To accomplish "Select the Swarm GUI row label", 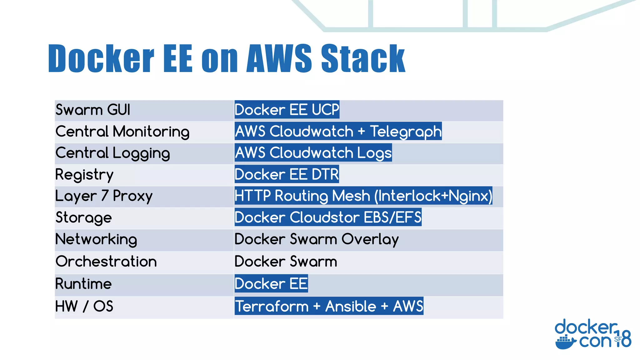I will tap(92, 110).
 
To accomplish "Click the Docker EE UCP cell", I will tap(287, 110).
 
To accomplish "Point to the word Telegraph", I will tap(406, 132).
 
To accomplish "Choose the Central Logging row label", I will tap(112, 153).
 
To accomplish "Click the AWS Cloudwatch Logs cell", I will tap(313, 153).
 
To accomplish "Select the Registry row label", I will tap(84, 175).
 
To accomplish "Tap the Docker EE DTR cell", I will tap(287, 174).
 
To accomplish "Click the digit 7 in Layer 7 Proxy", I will tap(105, 196).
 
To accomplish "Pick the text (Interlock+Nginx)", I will tap(433, 196).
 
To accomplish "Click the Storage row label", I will tap(83, 218).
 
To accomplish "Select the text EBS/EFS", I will tap(392, 217).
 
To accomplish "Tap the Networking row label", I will tap(96, 240).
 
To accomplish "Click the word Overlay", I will tap(370, 240).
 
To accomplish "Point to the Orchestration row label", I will tap(106, 262).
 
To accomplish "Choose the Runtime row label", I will tap(83, 284).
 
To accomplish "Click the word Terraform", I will tap(272, 306).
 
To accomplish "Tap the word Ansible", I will tap(351, 306).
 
